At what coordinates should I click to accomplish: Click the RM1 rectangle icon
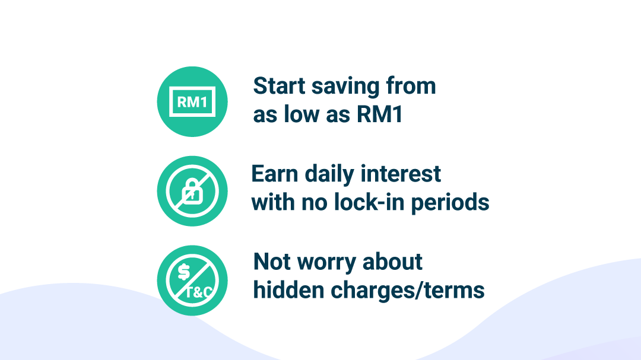192,102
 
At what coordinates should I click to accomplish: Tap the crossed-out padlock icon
192,191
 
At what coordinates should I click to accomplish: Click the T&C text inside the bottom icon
199,292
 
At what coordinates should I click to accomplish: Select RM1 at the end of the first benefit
380,114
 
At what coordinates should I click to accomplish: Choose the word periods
450,203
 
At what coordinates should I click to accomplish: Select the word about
392,262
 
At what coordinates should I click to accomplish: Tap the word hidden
288,289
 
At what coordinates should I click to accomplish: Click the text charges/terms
408,291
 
